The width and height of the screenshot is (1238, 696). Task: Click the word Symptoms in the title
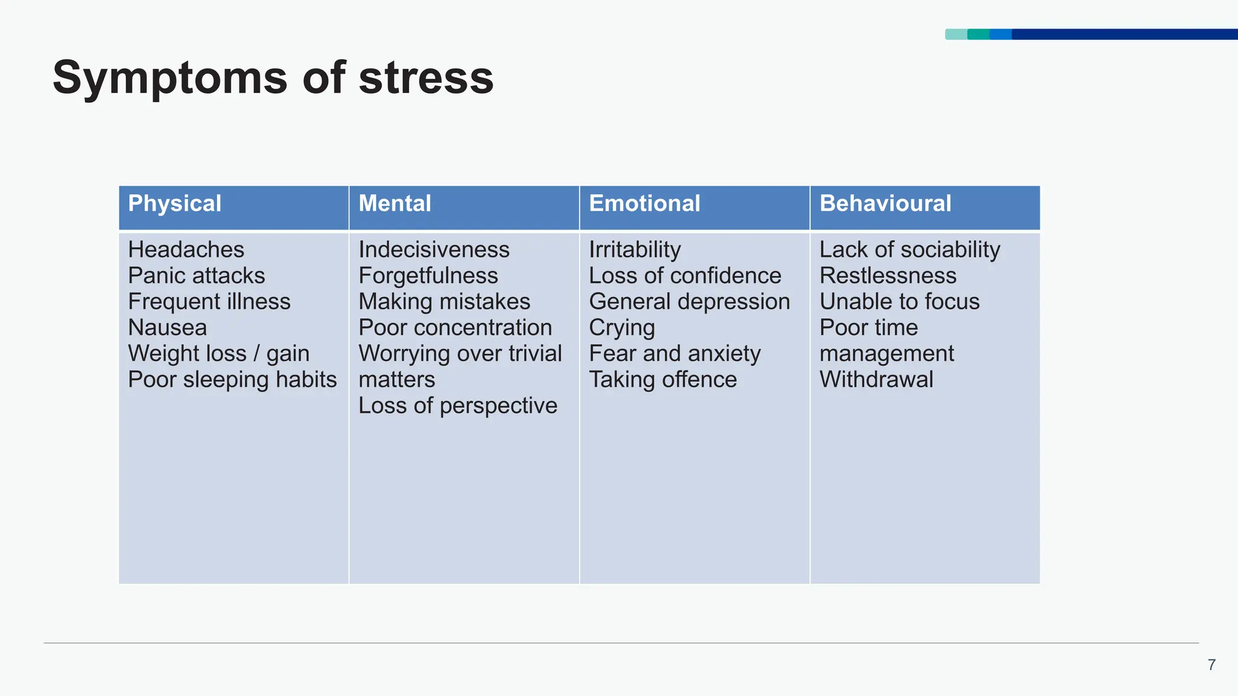(170, 79)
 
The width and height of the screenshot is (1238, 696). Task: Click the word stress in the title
(426, 79)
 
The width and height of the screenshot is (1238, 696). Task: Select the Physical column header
(175, 204)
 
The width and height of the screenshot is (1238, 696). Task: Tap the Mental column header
(395, 204)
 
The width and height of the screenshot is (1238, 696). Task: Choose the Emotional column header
(644, 204)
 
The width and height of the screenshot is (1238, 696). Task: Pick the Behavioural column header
(885, 204)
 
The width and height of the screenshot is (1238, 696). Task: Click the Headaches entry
(186, 250)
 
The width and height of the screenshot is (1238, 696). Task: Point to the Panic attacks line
(196, 275)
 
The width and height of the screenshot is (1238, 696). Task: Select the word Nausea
(167, 327)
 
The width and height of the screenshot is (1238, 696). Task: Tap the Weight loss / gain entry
(219, 353)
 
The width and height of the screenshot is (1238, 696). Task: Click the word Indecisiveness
(434, 250)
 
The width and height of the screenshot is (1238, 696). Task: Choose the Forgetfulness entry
(428, 275)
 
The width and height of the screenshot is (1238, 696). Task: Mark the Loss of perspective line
(458, 405)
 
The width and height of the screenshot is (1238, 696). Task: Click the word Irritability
(635, 250)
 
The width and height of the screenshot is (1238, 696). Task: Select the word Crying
(621, 328)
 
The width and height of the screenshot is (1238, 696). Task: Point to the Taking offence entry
(663, 379)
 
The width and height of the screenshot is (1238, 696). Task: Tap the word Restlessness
(888, 275)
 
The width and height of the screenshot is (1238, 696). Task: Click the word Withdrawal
(876, 379)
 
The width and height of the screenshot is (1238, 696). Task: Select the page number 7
(1211, 665)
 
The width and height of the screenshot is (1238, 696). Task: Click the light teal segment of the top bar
(956, 34)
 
